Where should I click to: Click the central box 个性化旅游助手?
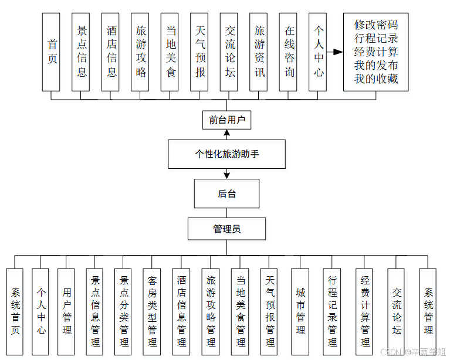(226, 154)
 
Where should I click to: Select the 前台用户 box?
(226, 121)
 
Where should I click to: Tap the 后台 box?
(226, 193)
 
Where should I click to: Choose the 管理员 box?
(226, 229)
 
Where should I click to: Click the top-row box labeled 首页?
(52, 52)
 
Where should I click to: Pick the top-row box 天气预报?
(199, 52)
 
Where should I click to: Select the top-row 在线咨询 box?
(288, 52)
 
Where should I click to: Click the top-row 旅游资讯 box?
(258, 52)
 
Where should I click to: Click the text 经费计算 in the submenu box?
(376, 52)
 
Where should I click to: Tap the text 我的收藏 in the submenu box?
(376, 79)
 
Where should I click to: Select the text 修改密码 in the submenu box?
(376, 25)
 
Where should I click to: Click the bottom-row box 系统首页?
(14, 311)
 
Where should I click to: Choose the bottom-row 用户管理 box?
(66, 311)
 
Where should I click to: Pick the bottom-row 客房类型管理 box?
(152, 311)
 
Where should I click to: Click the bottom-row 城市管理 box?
(300, 311)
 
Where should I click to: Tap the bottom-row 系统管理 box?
(428, 311)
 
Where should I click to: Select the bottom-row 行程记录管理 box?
(332, 311)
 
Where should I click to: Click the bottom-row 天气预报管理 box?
(269, 311)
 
